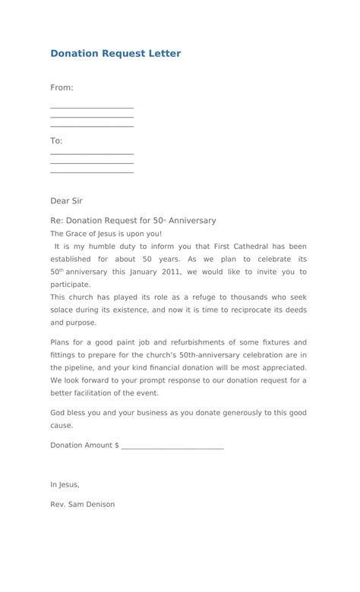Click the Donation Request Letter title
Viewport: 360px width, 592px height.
(115, 54)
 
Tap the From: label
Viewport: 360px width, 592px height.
(62, 87)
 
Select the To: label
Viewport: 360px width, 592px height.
(56, 140)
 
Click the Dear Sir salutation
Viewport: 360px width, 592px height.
(66, 201)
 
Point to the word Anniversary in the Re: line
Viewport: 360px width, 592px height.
(192, 221)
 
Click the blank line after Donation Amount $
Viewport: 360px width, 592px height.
(172, 446)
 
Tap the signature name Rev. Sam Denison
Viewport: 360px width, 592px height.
(83, 504)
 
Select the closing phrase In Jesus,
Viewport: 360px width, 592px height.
(65, 484)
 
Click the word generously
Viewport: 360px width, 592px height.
(217, 413)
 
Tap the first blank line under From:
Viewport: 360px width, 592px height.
(92, 108)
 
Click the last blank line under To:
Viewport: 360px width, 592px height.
(92, 172)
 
